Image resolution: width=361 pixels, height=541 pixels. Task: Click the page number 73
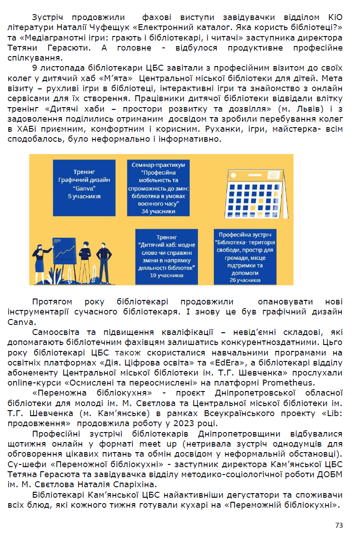[x=339, y=525]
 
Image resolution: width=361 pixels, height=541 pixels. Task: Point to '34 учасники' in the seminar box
[x=158, y=211]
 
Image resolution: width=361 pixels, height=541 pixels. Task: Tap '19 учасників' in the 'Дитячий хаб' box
[x=166, y=275]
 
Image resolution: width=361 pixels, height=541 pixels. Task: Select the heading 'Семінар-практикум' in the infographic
[x=158, y=164]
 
